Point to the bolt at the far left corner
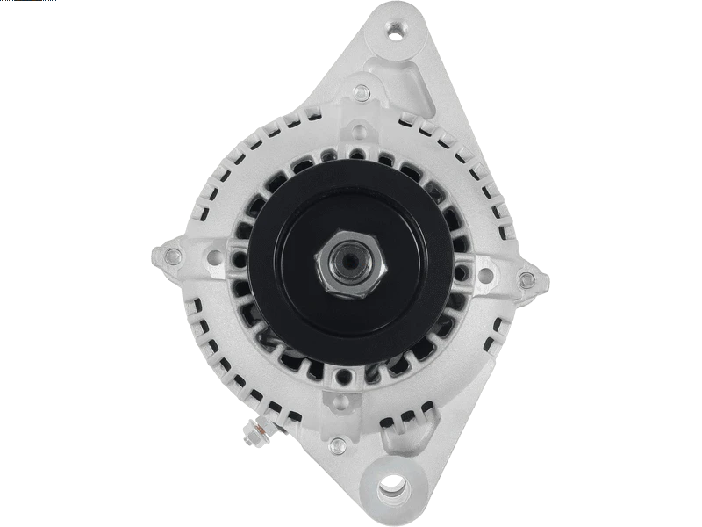174,256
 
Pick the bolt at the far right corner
526,279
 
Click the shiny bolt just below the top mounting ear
360,90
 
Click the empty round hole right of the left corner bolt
213,257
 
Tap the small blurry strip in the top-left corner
26,4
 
